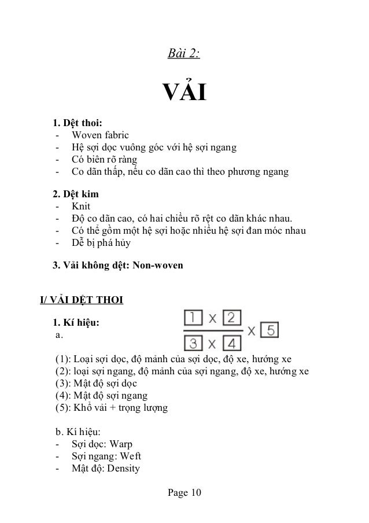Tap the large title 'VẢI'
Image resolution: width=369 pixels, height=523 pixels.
tap(184, 92)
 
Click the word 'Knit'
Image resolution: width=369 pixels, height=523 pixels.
tap(80, 206)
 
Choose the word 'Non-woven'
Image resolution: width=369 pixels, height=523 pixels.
tap(157, 266)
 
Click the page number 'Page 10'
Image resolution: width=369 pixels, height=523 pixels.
tap(184, 493)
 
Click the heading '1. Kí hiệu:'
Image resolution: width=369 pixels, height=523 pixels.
tap(76, 323)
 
